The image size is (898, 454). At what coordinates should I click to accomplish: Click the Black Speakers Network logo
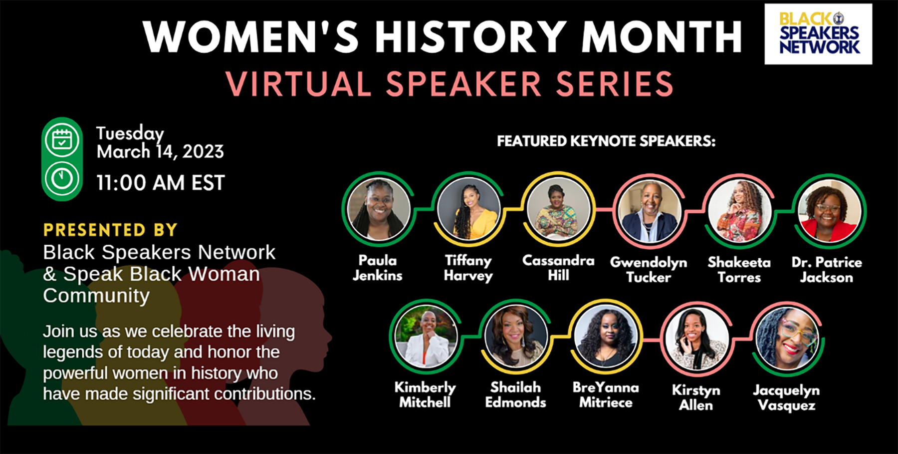818,34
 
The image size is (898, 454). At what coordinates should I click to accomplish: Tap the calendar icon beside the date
62,140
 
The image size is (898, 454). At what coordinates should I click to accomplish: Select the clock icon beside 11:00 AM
62,178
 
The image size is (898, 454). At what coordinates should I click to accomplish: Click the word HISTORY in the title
469,37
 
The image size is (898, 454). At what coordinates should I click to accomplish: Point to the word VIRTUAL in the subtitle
299,84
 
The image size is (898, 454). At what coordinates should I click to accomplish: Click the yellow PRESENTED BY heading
110,230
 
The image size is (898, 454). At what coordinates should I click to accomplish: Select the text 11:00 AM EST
161,183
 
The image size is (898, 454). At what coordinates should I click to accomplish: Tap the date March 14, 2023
160,151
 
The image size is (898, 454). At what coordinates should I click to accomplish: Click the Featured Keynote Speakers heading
606,141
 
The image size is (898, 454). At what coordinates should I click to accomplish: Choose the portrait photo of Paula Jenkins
379,209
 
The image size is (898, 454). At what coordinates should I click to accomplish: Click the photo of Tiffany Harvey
468,209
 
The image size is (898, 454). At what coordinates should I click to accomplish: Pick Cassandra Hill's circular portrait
559,209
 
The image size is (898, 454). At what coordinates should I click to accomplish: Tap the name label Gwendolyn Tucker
649,270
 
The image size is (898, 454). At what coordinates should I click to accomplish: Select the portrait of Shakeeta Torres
739,211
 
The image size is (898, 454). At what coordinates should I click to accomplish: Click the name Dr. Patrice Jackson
827,270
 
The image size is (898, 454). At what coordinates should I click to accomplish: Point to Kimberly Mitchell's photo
426,337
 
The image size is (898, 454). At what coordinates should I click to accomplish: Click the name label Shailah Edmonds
516,395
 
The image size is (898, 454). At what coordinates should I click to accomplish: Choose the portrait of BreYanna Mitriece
606,337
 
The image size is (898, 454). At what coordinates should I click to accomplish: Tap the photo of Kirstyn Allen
696,339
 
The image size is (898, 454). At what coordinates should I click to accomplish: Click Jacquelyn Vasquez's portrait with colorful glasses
787,339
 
